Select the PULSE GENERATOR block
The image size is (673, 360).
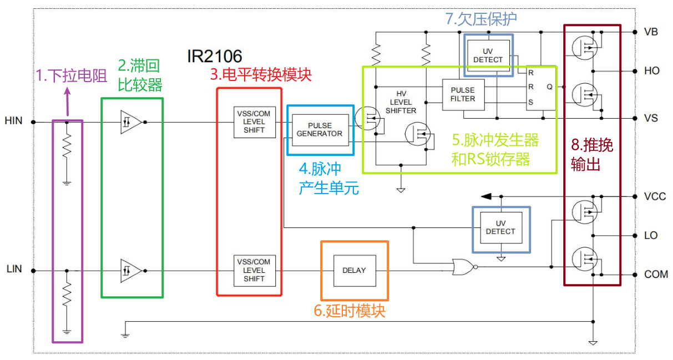[x=319, y=130]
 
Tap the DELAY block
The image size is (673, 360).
[x=354, y=270]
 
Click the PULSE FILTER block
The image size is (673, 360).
[x=463, y=94]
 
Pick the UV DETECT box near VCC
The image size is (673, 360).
[x=500, y=227]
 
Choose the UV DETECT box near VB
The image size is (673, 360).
[x=488, y=55]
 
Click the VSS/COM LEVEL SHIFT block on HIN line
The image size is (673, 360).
[x=254, y=121]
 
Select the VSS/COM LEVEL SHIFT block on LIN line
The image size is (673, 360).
[x=254, y=270]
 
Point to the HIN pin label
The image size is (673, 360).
[x=13, y=120]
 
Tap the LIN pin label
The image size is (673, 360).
[x=14, y=269]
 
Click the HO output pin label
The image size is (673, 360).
[x=652, y=71]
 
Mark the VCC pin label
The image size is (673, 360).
[x=655, y=197]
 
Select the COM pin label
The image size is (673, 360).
[x=656, y=275]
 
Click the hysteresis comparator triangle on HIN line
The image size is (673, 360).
[x=130, y=121]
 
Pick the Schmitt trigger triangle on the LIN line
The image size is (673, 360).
[x=130, y=271]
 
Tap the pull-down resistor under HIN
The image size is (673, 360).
[x=67, y=148]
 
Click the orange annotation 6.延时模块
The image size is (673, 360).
[x=350, y=311]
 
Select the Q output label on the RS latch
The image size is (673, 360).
[x=549, y=87]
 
